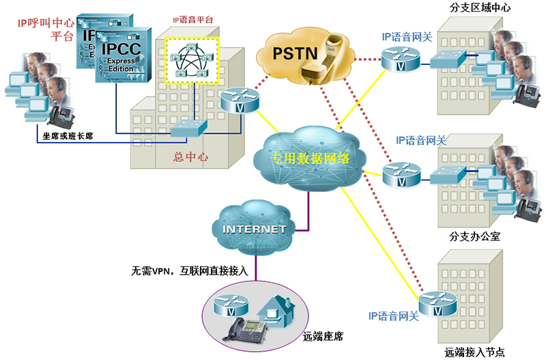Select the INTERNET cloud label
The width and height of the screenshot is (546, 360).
[x=254, y=230]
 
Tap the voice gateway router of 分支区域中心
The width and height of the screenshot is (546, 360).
[x=399, y=59]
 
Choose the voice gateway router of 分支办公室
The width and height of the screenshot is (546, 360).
[x=399, y=174]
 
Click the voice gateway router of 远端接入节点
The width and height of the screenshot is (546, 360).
[x=435, y=303]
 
